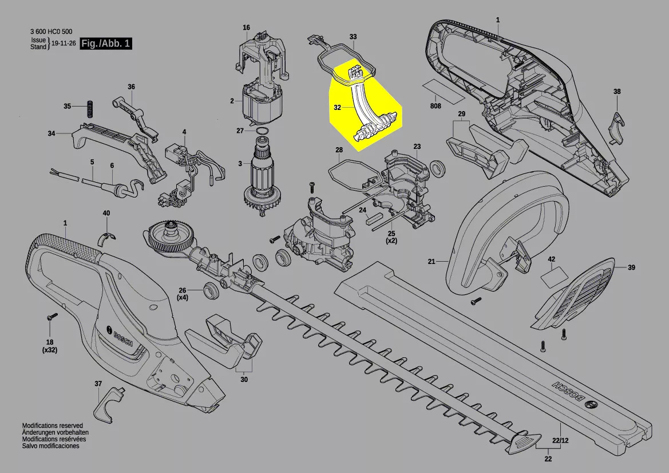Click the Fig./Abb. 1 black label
106,43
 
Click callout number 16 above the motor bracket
246,27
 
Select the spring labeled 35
90,109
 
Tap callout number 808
436,106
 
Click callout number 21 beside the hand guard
432,261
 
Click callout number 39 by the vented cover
631,267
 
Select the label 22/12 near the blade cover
560,440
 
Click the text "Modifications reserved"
53,425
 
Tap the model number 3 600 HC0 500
51,31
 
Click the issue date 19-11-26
64,44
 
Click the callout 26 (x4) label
183,294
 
